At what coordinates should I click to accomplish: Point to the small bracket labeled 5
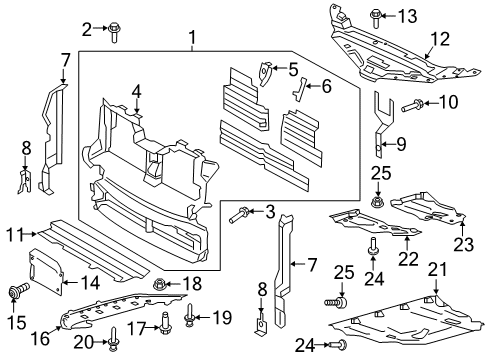[x=264, y=72]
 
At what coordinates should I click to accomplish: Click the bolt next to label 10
[x=410, y=103]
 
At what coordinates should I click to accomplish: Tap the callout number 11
[x=11, y=234]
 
